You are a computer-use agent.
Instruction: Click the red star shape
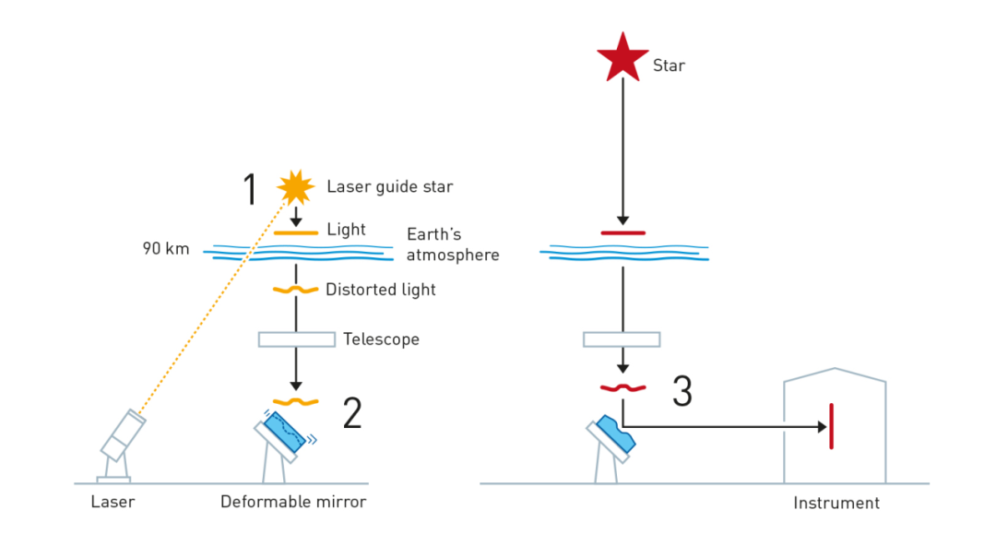point(622,57)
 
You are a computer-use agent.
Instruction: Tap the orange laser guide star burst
point(296,187)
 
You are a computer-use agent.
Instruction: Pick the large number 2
point(351,413)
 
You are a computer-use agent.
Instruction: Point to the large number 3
point(682,391)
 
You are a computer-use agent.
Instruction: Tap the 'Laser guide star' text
point(390,187)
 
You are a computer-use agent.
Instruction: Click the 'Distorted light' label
point(380,290)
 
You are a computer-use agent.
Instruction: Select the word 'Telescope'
point(381,339)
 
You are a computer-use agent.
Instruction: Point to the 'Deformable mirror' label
point(292,502)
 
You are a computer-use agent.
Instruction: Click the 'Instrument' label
point(836,503)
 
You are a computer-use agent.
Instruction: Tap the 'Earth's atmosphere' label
point(452,244)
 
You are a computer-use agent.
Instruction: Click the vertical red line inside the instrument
point(831,426)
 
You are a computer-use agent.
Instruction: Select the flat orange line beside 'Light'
point(296,233)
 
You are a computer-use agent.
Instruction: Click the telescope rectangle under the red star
point(622,339)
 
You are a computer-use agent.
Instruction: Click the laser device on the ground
point(122,438)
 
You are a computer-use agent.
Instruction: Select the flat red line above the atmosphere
point(622,232)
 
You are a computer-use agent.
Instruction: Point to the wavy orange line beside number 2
point(296,401)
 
